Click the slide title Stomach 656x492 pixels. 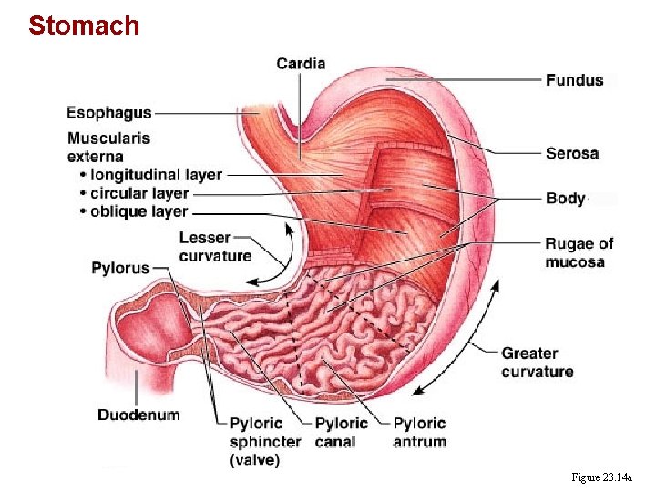84,25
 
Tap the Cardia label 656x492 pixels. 301,64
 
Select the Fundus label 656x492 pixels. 574,80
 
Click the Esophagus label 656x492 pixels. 108,113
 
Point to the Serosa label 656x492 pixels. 571,153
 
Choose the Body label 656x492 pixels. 566,198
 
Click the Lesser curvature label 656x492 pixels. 215,247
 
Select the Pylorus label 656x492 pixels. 119,268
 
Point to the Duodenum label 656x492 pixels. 138,415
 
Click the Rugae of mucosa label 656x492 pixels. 579,252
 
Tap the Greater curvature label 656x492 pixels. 538,362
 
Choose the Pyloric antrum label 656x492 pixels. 420,432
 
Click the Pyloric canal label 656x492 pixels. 341,432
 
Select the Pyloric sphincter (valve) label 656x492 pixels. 264,442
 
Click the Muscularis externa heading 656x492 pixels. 108,148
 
